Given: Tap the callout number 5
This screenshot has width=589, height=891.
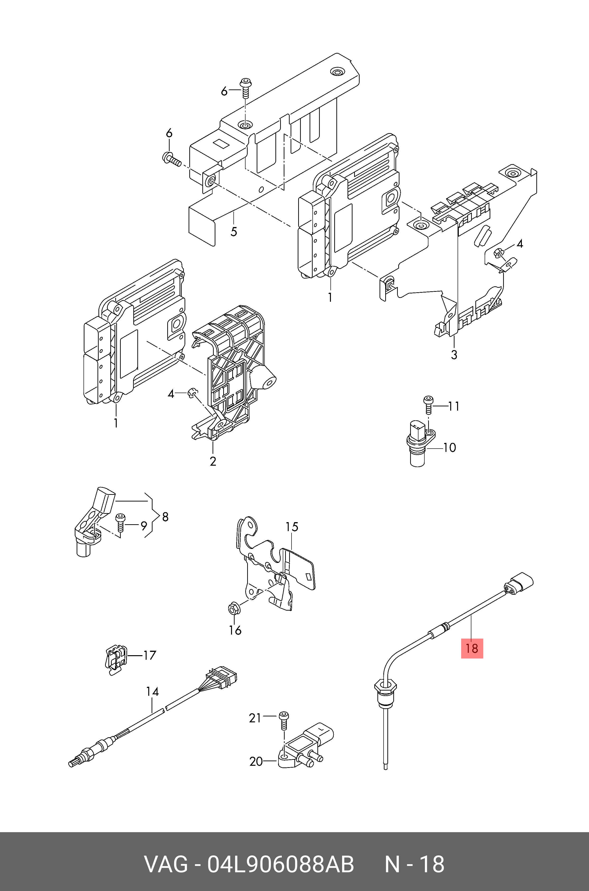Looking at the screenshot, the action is [234, 232].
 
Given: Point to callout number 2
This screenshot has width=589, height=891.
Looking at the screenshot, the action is [213, 461].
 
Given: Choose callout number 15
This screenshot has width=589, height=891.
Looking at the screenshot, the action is [292, 527].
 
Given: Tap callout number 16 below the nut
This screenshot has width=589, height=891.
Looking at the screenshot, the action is [235, 630].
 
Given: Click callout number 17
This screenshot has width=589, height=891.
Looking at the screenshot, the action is [149, 655].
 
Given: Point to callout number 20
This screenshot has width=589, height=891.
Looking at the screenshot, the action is [256, 761].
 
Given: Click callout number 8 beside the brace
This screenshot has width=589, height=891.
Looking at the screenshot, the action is [165, 517].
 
